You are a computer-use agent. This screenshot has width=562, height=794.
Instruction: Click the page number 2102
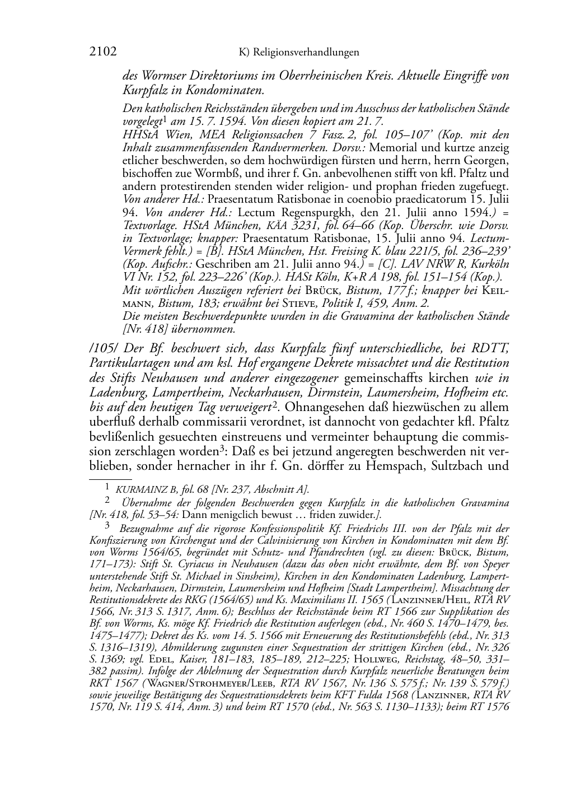(102, 52)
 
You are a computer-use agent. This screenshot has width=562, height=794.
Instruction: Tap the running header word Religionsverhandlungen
(306, 53)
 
